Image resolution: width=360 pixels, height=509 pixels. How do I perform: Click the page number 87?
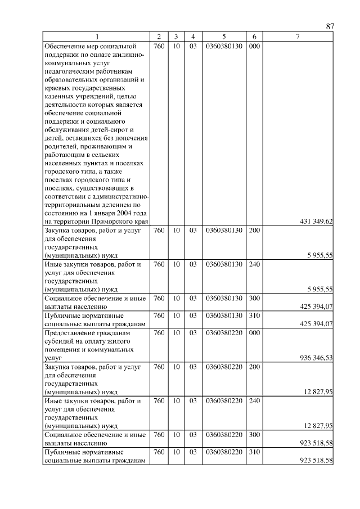pos(330,26)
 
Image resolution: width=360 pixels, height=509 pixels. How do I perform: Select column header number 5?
pos(224,37)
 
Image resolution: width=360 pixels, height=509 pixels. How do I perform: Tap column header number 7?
pos(298,37)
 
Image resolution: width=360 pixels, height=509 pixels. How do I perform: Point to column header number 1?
pos(96,37)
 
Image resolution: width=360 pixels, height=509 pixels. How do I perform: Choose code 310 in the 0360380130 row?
pos(254,316)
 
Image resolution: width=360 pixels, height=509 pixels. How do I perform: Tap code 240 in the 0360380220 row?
pos(254,400)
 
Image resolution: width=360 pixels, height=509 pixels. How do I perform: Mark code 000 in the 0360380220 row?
pos(254,332)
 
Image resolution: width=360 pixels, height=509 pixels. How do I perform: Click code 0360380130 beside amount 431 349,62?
pos(224,46)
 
